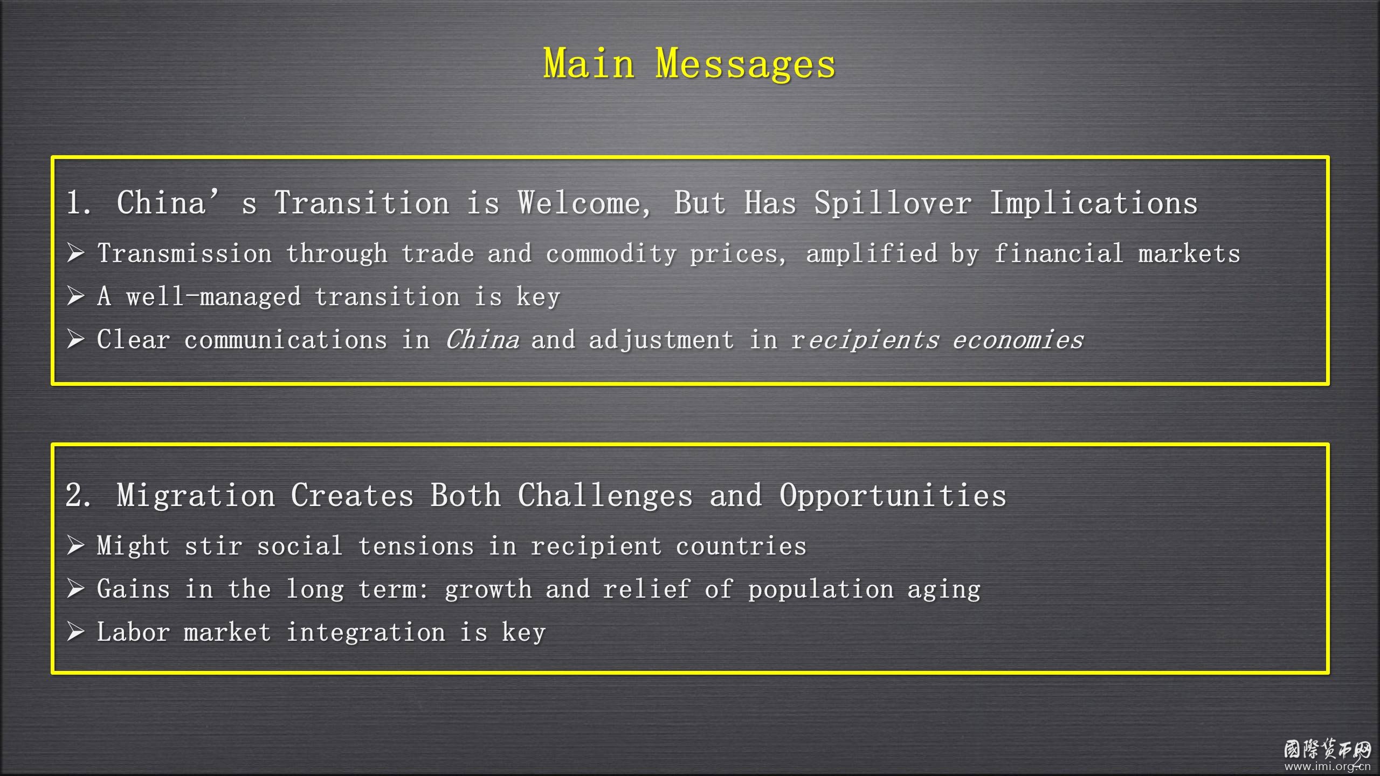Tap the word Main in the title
click(x=589, y=63)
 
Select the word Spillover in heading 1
click(x=893, y=203)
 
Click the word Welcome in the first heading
click(x=584, y=203)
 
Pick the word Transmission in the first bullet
click(x=184, y=253)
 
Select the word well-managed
click(x=213, y=296)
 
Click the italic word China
click(x=482, y=339)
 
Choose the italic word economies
click(x=1018, y=339)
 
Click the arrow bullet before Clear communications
click(x=75, y=339)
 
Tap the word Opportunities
click(x=893, y=496)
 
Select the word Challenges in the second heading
click(x=605, y=496)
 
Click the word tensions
click(x=416, y=546)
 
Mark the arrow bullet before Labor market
click(x=75, y=632)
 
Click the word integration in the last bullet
click(x=366, y=632)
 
